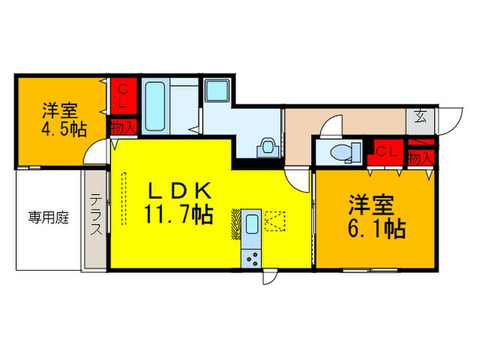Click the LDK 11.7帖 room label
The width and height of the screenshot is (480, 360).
tap(176, 203)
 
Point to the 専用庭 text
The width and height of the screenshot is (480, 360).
tap(48, 219)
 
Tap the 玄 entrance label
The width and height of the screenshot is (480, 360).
tap(419, 115)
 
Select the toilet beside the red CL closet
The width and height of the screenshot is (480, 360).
tap(340, 152)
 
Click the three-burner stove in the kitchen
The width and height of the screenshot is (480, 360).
tap(252, 258)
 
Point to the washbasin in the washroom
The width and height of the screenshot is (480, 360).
tap(267, 145)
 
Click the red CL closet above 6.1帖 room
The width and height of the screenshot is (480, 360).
tap(384, 153)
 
